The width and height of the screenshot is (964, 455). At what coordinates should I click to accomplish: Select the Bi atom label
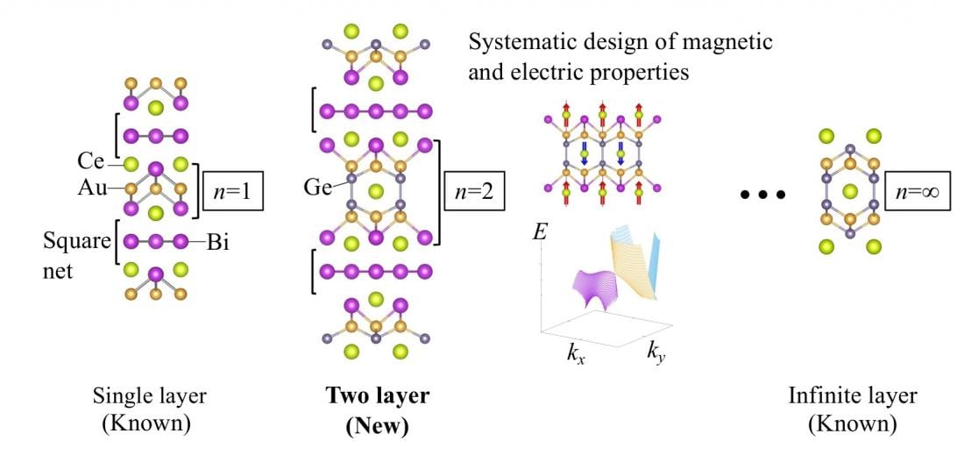pos(217,242)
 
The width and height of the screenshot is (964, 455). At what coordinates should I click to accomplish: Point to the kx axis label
pos(576,355)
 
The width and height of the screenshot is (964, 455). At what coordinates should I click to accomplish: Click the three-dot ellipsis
pos(762,195)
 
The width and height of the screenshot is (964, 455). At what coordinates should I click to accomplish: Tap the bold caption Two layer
pos(377,396)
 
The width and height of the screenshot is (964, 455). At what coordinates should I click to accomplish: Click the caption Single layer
pos(149,396)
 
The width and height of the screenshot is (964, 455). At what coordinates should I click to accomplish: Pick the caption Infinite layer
pos(852,396)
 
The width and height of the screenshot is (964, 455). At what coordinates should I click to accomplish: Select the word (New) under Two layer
pos(377,425)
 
